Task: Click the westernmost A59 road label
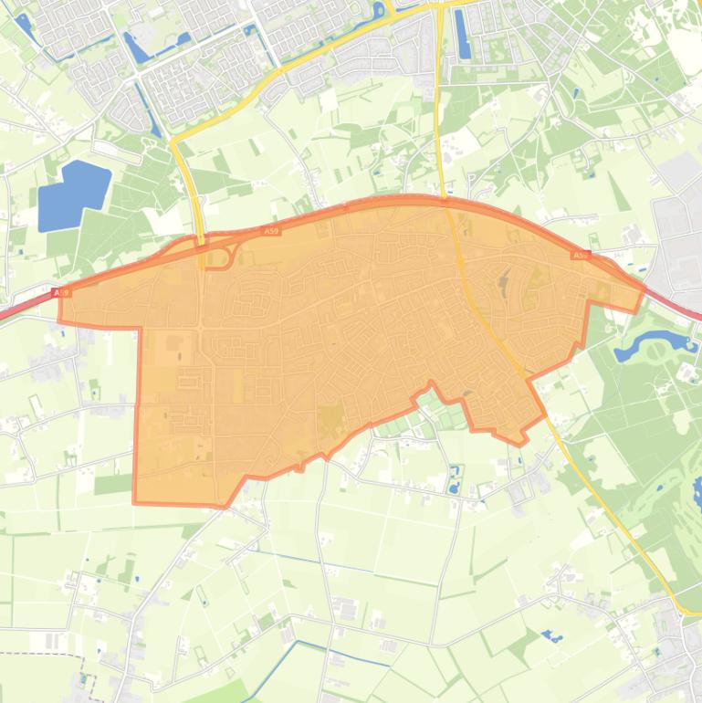(x=61, y=293)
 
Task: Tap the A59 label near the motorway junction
(x=271, y=232)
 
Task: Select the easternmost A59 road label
(x=580, y=255)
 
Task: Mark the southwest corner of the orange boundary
(x=135, y=501)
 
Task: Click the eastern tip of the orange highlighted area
(x=643, y=289)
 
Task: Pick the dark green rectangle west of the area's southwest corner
(x=113, y=484)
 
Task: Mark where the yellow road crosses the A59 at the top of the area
(x=445, y=198)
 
